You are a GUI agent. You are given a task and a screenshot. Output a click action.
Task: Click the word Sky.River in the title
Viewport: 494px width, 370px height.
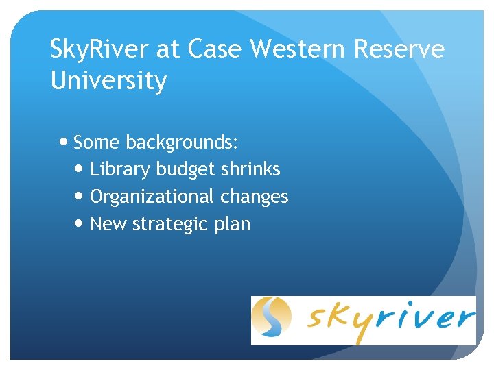(100, 49)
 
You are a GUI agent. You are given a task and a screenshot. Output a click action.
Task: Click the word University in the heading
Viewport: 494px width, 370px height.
(108, 82)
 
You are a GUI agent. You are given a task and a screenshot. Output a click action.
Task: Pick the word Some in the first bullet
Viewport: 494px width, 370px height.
(97, 143)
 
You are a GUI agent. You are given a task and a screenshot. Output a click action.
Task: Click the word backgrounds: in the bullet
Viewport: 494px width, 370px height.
(182, 143)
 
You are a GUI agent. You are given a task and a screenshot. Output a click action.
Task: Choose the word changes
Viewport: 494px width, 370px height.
(255, 197)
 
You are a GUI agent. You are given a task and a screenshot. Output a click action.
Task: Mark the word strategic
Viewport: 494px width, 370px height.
(165, 225)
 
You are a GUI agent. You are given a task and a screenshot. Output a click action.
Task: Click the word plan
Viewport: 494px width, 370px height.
(233, 225)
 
